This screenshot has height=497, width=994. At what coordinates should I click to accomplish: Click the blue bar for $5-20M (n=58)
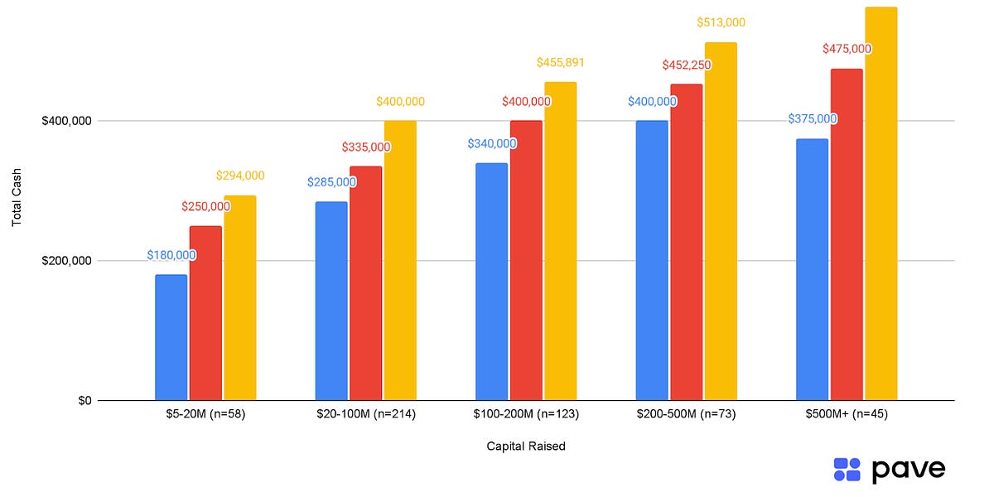coord(171,338)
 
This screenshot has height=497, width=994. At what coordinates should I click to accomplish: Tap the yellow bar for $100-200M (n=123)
coord(560,241)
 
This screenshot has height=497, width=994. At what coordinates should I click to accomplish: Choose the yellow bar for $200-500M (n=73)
coord(721,221)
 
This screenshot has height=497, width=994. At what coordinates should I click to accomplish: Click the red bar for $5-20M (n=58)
coord(205,313)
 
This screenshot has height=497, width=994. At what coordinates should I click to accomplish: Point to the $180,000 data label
coord(171,255)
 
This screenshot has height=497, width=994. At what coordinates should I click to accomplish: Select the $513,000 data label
coord(721,22)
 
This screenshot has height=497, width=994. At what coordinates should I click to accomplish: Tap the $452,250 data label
coord(686,65)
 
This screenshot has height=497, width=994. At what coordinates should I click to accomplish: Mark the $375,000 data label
coord(812,118)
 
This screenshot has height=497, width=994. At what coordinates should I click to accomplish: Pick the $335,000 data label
coord(365,147)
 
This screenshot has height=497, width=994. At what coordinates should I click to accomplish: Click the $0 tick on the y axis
coord(84,401)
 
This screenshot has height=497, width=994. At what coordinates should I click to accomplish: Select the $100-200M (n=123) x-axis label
coord(526,414)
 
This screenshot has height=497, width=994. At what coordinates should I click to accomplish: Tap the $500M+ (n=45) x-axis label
coord(847,414)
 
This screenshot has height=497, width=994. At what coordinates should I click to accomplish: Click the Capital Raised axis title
coord(526,446)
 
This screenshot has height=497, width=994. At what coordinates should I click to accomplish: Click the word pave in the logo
coord(908,469)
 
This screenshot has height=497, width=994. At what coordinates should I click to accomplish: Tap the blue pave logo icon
coord(847,469)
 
